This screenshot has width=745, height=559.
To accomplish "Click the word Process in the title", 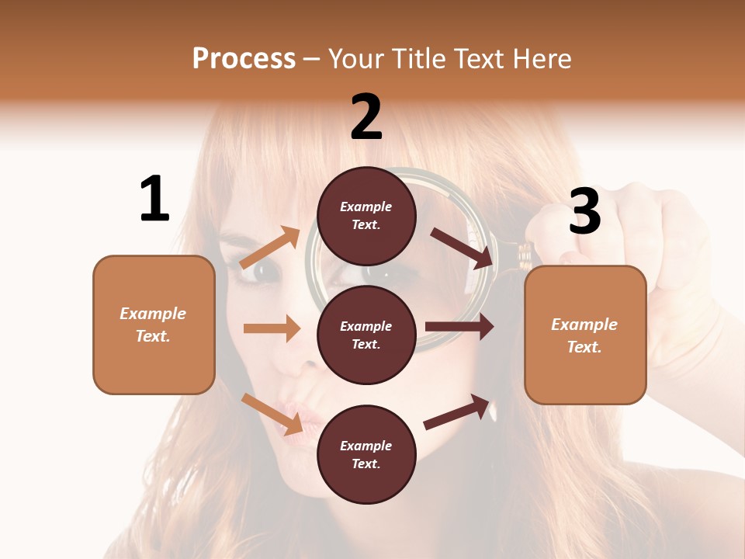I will (x=244, y=59).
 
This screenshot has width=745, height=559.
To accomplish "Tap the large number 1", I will (x=154, y=200).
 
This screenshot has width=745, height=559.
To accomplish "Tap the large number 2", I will (x=366, y=117).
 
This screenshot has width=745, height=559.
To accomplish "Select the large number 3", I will (x=585, y=212).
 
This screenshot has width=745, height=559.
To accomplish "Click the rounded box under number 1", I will (x=154, y=325).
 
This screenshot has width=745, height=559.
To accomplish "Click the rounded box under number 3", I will (x=585, y=335).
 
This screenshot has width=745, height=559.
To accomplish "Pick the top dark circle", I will (x=366, y=216).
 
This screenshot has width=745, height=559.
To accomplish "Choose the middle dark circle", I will (x=366, y=335).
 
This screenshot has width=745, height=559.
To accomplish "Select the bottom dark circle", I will (x=366, y=454).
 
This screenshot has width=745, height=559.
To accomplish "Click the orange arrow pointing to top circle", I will (x=271, y=247).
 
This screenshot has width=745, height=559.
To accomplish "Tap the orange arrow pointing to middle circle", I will (x=272, y=328).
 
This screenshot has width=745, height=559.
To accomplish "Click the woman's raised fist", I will (x=667, y=233).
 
